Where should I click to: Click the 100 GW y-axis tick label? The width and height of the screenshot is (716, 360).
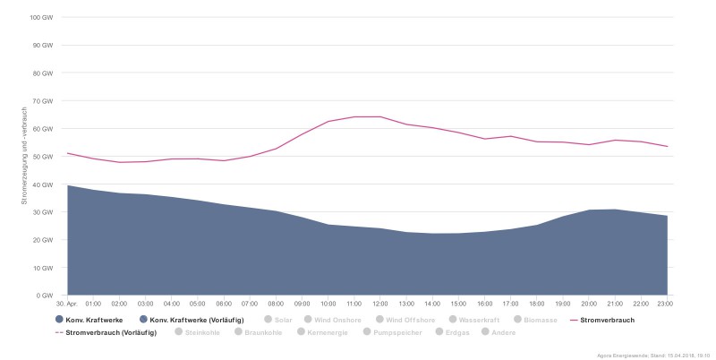42,18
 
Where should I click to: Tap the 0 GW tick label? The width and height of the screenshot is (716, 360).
46,296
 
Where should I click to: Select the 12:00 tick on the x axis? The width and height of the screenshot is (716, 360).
379,304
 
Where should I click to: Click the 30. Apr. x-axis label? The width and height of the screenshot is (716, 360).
67,304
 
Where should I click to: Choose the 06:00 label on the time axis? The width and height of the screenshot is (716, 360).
224,304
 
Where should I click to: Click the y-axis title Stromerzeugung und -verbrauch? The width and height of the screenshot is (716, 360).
26,156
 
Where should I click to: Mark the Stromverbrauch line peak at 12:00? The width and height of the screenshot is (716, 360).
380,116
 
